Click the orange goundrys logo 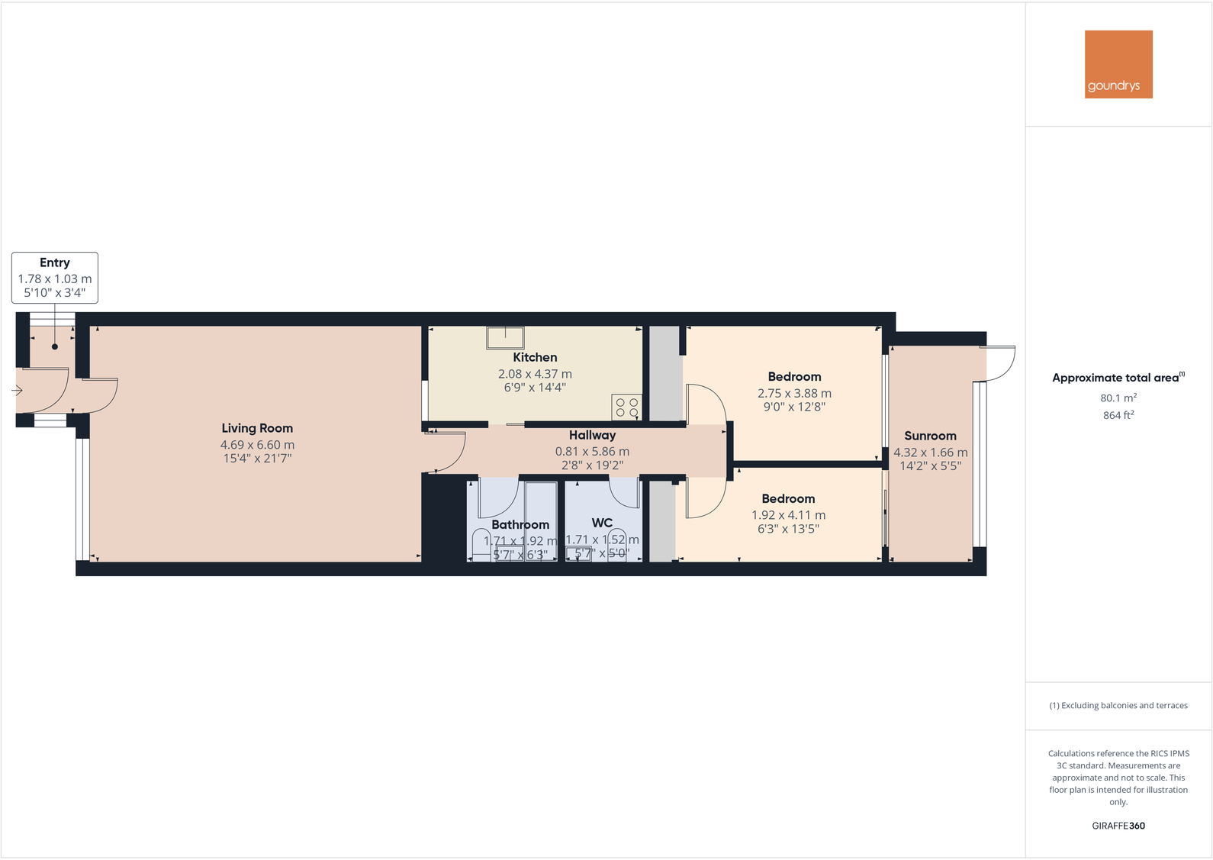click(x=1118, y=64)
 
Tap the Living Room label click(x=257, y=428)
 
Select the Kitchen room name click(x=535, y=357)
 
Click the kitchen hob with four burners click(x=626, y=407)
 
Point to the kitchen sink click(x=505, y=337)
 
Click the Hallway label click(x=592, y=435)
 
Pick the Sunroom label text click(x=930, y=436)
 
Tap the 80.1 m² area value click(x=1118, y=398)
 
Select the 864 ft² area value click(x=1118, y=415)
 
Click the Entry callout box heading click(x=55, y=263)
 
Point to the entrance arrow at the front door click(x=18, y=391)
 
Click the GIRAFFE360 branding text click(x=1118, y=826)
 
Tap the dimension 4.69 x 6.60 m click(x=257, y=445)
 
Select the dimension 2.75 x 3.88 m click(x=794, y=393)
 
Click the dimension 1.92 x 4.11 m click(x=788, y=515)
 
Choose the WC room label click(x=602, y=523)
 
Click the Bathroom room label click(x=520, y=524)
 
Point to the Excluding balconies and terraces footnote click(x=1118, y=706)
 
